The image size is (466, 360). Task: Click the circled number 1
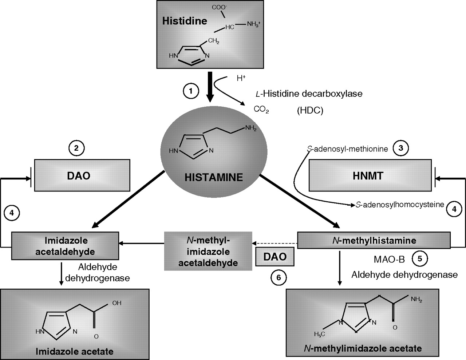click(191, 91)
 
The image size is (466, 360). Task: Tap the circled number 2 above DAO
click(76, 148)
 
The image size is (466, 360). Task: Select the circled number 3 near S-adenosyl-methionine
click(401, 148)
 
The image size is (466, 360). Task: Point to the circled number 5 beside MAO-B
click(420, 258)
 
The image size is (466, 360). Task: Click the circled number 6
click(279, 278)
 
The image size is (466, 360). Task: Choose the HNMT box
click(370, 175)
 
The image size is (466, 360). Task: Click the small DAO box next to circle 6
click(275, 257)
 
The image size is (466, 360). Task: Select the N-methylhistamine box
click(374, 240)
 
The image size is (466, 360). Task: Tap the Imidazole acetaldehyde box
click(65, 246)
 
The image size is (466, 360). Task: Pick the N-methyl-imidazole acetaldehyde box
click(208, 251)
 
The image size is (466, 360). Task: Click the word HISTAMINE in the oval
click(214, 178)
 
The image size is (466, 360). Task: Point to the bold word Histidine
click(185, 21)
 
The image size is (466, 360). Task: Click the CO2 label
click(261, 110)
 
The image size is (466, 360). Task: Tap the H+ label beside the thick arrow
click(241, 78)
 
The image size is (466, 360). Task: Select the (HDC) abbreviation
click(310, 110)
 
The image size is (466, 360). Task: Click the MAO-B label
click(389, 260)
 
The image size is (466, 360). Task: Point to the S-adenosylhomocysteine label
click(400, 205)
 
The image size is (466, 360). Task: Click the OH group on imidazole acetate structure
click(116, 303)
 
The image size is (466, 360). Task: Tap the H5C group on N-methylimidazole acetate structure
click(319, 334)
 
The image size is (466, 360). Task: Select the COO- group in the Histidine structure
click(219, 7)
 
